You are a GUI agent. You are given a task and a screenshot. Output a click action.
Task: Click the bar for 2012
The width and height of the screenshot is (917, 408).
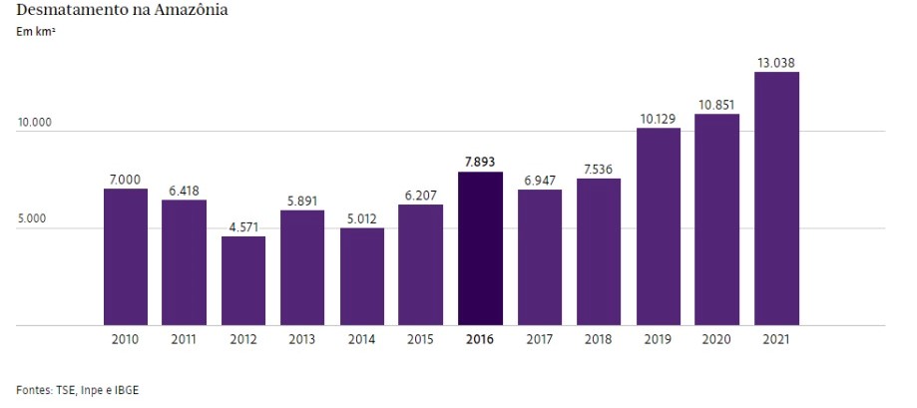coord(243,280)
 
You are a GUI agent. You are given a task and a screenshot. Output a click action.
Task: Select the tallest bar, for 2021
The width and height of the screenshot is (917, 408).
coord(776,199)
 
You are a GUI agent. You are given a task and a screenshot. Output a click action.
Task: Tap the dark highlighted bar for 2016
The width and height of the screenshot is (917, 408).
coord(480,248)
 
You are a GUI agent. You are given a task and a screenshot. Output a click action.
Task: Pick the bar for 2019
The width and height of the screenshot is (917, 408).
coord(659,226)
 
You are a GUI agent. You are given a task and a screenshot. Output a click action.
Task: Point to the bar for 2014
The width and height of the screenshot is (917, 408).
coord(362,276)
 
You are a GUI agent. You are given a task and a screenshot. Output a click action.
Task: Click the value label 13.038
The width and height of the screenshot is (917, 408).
coord(776,63)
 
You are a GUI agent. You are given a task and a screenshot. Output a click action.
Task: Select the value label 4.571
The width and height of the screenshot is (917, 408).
coord(243,227)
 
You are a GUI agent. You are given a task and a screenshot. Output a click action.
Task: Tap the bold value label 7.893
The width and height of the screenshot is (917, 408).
coord(480,163)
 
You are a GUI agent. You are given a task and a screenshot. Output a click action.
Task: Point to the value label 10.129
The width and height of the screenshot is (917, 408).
coord(659,119)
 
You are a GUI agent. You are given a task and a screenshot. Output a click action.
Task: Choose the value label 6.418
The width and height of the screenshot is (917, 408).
coord(184,191)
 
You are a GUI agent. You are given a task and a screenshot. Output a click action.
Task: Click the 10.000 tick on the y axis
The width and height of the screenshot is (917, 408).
coord(34,124)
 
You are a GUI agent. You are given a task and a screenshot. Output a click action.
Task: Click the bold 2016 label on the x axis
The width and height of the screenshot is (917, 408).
coord(480,339)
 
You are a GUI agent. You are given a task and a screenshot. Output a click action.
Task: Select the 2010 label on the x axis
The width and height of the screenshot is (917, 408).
coord(125,339)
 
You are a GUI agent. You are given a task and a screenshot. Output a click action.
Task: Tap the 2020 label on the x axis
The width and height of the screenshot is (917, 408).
coord(717,339)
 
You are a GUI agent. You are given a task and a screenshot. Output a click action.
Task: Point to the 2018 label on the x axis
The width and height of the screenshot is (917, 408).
coord(599,339)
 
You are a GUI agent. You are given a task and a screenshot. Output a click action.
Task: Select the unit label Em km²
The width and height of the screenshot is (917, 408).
coord(35,33)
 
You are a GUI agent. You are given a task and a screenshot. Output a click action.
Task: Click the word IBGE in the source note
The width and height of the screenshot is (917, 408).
coord(125,389)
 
